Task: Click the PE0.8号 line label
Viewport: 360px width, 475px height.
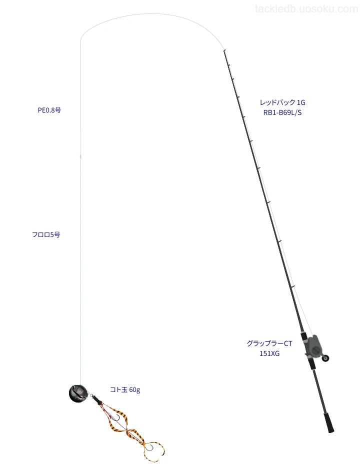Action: click(x=49, y=110)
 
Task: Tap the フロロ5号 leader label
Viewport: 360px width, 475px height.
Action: click(x=46, y=234)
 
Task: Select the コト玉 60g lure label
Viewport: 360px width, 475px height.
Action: click(x=125, y=389)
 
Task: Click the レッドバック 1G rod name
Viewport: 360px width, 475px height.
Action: click(x=282, y=102)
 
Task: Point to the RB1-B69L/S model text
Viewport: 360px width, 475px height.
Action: click(x=282, y=112)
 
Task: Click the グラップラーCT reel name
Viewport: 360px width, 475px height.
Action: click(x=269, y=343)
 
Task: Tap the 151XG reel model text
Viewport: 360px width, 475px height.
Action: click(x=269, y=353)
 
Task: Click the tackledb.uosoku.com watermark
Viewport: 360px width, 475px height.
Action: click(x=306, y=9)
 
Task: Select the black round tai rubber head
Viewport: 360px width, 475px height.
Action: click(x=78, y=393)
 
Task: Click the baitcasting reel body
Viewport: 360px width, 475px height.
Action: click(x=313, y=345)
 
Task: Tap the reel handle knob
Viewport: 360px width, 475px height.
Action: click(x=325, y=358)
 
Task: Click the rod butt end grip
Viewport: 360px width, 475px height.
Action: click(x=329, y=423)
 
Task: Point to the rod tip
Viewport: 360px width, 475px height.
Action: click(x=224, y=50)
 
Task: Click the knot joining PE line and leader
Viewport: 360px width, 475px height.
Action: click(x=80, y=156)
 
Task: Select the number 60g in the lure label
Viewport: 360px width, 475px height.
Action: click(x=134, y=390)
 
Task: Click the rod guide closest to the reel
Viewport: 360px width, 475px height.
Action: click(x=293, y=286)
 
